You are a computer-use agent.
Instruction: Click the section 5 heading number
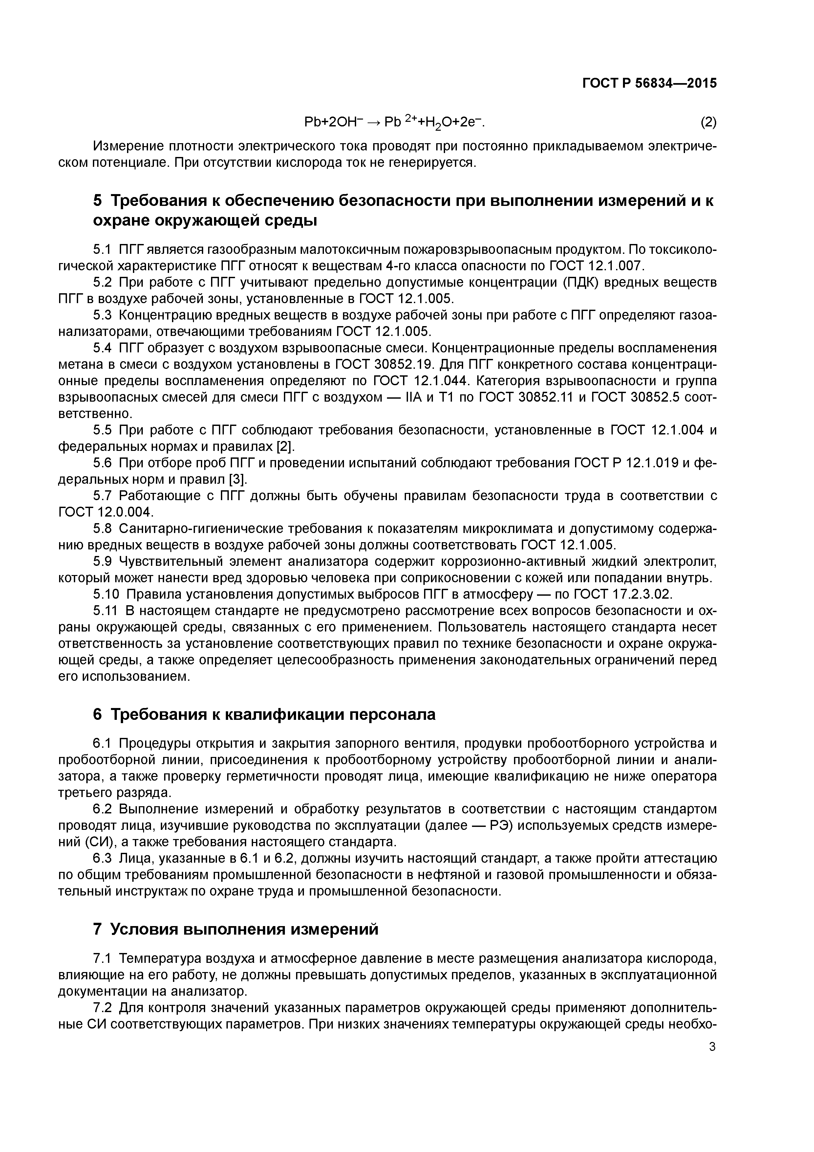[x=98, y=201]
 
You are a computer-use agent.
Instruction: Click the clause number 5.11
[x=105, y=611]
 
